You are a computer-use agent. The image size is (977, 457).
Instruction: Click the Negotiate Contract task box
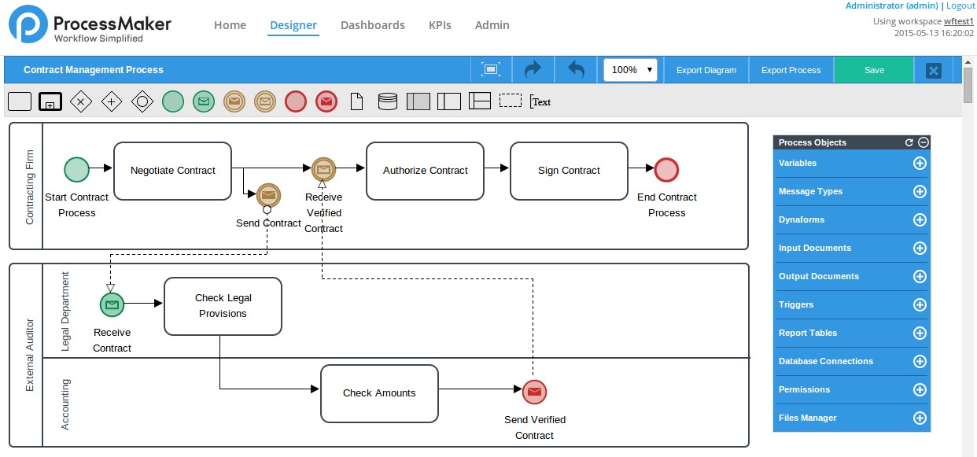(172, 171)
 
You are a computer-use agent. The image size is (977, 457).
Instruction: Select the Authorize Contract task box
(425, 171)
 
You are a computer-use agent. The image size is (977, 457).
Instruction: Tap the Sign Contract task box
(569, 171)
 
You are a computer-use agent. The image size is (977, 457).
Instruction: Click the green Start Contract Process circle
(76, 170)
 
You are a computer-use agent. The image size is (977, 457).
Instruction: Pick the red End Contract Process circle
(666, 170)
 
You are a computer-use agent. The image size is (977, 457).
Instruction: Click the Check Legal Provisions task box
(223, 306)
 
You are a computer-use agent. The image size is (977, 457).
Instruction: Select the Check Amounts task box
(379, 393)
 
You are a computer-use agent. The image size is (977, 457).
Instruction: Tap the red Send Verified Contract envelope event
(534, 392)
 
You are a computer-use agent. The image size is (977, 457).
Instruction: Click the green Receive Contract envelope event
(112, 304)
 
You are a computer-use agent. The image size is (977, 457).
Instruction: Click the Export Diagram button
(706, 70)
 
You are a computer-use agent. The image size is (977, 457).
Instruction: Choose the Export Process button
(791, 70)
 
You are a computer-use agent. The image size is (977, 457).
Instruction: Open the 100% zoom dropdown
(630, 70)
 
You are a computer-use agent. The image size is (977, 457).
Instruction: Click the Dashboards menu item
(372, 25)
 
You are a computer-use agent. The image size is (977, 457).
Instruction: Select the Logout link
(960, 6)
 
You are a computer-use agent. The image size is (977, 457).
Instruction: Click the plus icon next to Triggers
(919, 305)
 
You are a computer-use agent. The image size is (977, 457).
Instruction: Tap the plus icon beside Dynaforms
(919, 220)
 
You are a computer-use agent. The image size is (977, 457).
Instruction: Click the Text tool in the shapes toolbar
(540, 101)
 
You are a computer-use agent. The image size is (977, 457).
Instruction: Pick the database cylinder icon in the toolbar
(388, 101)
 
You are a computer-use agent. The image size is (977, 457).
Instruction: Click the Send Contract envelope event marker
(268, 194)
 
